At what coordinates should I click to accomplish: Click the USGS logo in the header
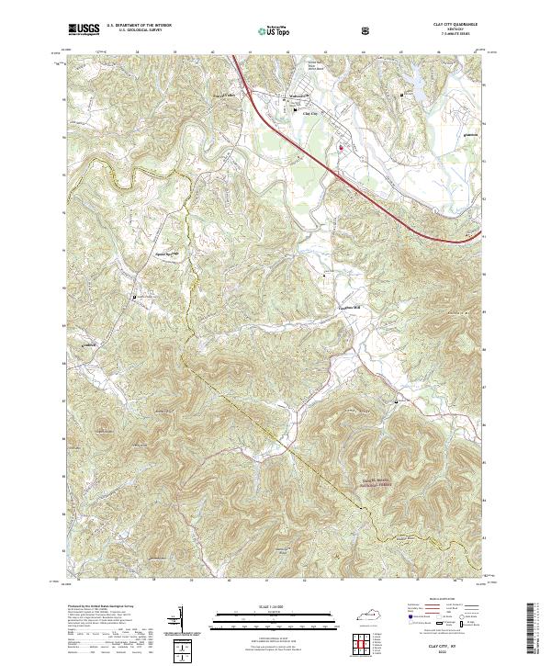coord(84,30)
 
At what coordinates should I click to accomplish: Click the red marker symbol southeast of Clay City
coord(340,146)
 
